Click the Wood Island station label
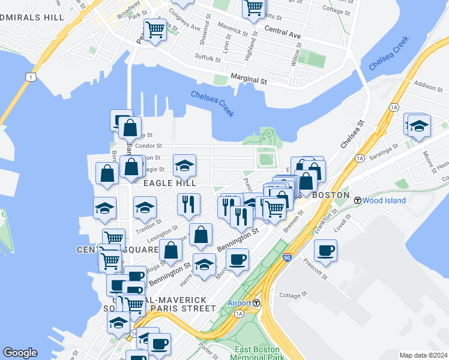pyautogui.click(x=384, y=200)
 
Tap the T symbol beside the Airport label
pyautogui.click(x=256, y=303)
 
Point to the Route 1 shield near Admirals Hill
pyautogui.click(x=29, y=77)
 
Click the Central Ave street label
pyautogui.click(x=282, y=32)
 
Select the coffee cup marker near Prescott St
pyautogui.click(x=325, y=250)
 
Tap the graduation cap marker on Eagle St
pyautogui.click(x=184, y=164)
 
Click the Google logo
pyautogui.click(x=20, y=353)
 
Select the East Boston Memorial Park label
pyautogui.click(x=256, y=353)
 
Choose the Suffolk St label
pyautogui.click(x=208, y=58)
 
